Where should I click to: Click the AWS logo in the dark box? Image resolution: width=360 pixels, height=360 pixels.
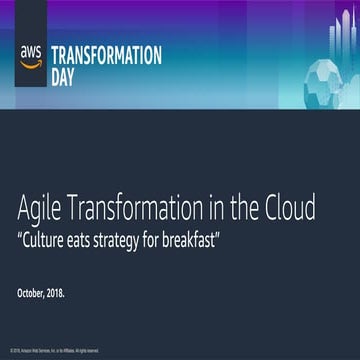[x=30, y=56]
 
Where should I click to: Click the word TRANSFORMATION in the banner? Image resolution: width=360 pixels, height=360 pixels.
[x=105, y=54]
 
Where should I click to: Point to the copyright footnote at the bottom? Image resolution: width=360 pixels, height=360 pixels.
[x=54, y=352]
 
